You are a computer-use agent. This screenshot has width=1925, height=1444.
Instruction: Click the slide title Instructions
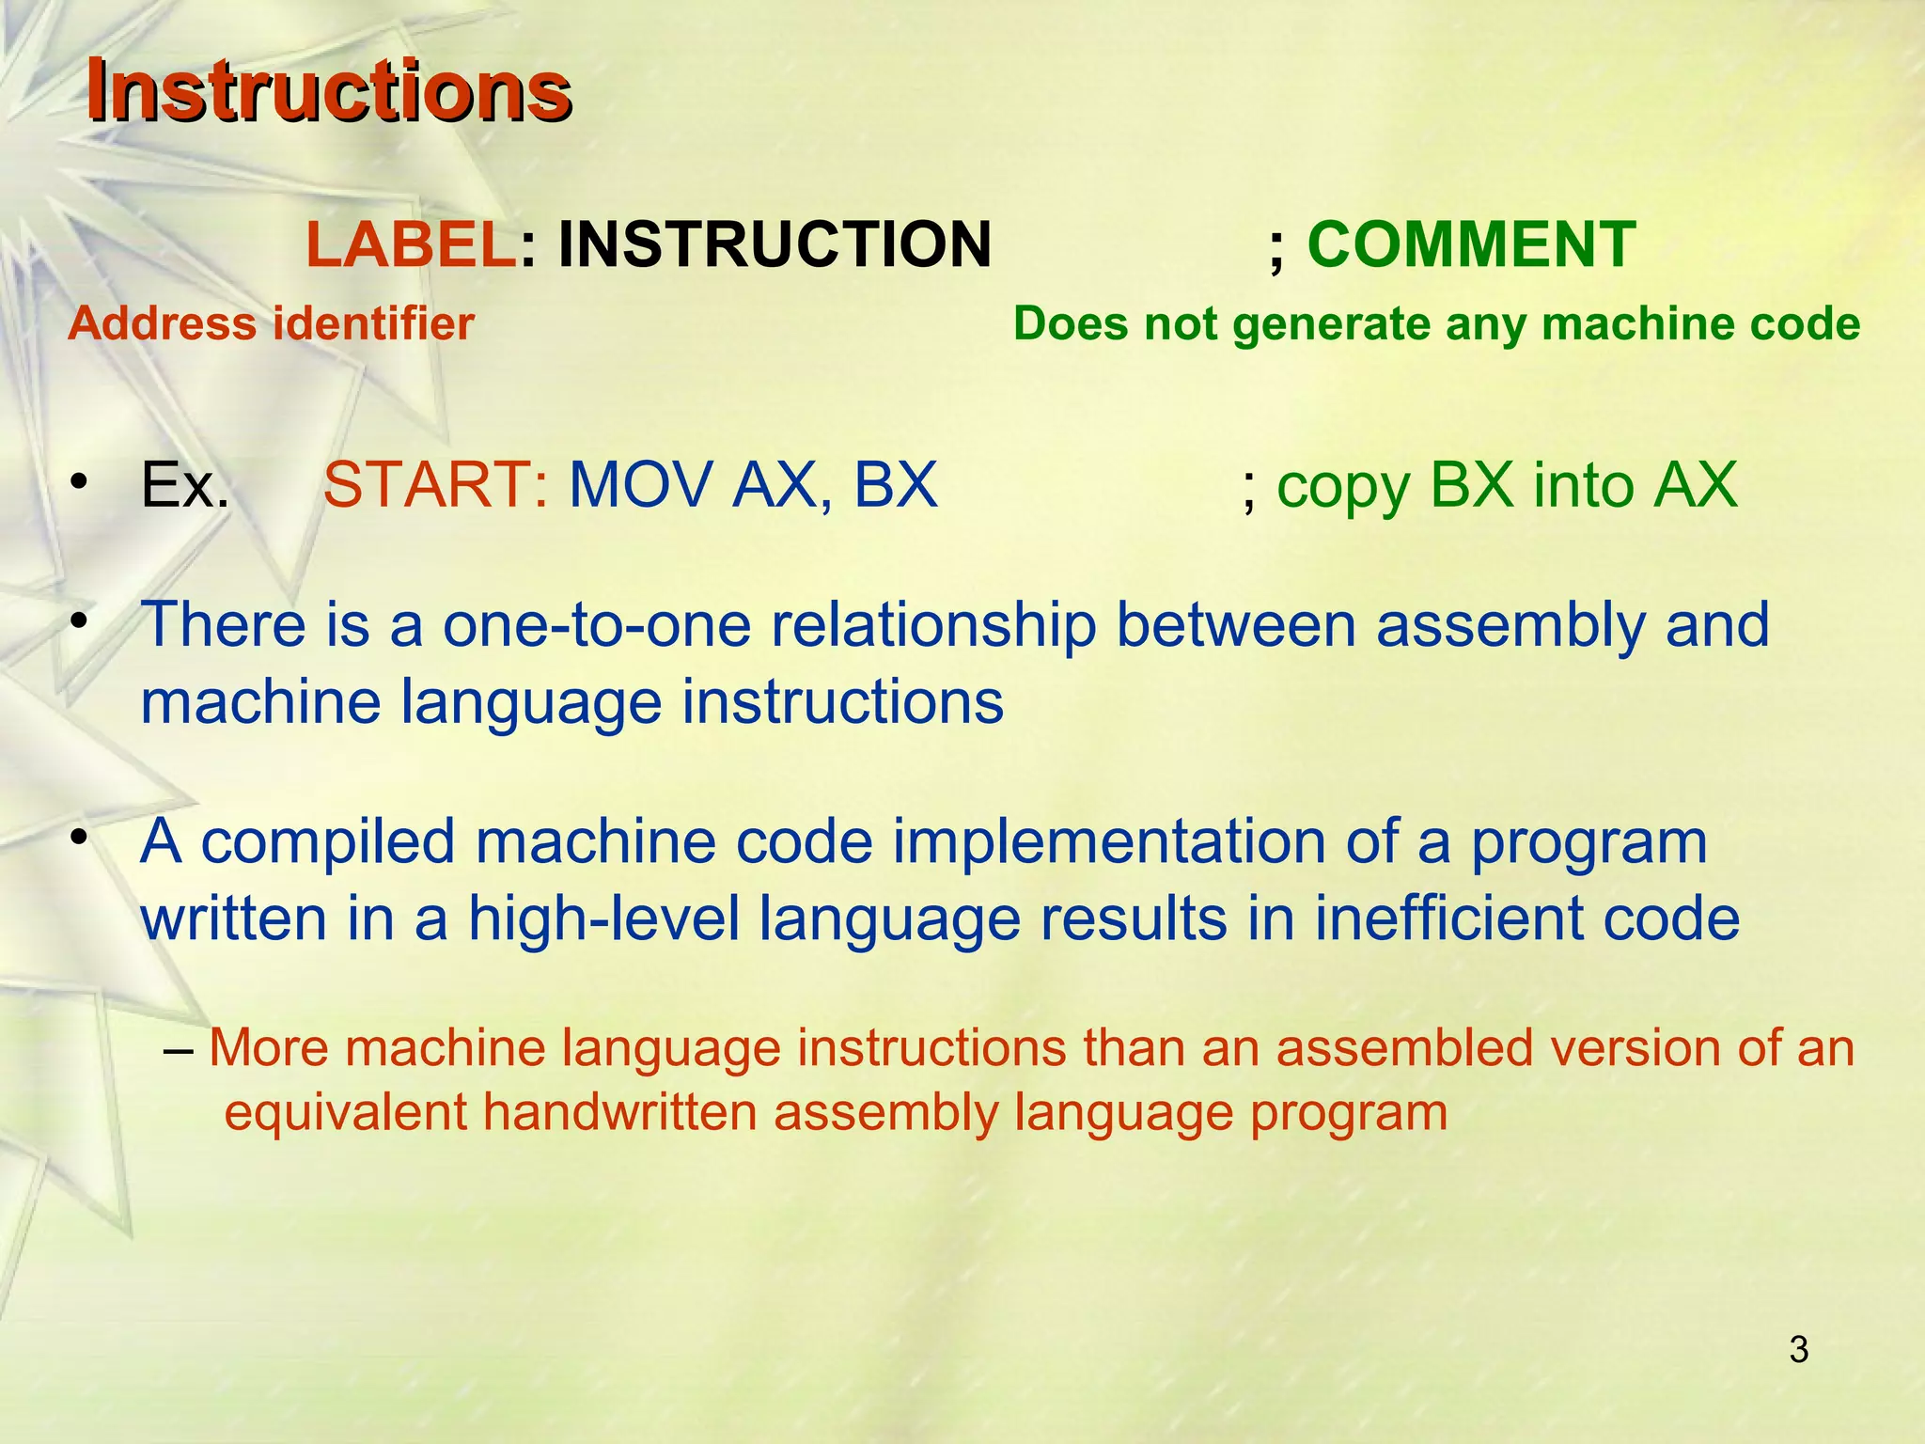(x=328, y=91)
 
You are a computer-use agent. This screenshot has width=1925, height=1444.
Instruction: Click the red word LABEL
(x=411, y=244)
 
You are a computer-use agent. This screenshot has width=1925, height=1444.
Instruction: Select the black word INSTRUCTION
(x=775, y=244)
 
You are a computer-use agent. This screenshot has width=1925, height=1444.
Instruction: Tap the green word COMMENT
(x=1471, y=244)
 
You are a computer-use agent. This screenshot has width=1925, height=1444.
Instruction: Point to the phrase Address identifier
(x=271, y=324)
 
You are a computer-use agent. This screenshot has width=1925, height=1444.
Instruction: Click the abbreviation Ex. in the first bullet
(x=185, y=486)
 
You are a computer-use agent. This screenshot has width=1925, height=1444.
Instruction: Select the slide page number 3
(x=1798, y=1350)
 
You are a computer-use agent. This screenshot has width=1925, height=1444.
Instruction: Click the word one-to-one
(x=597, y=625)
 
